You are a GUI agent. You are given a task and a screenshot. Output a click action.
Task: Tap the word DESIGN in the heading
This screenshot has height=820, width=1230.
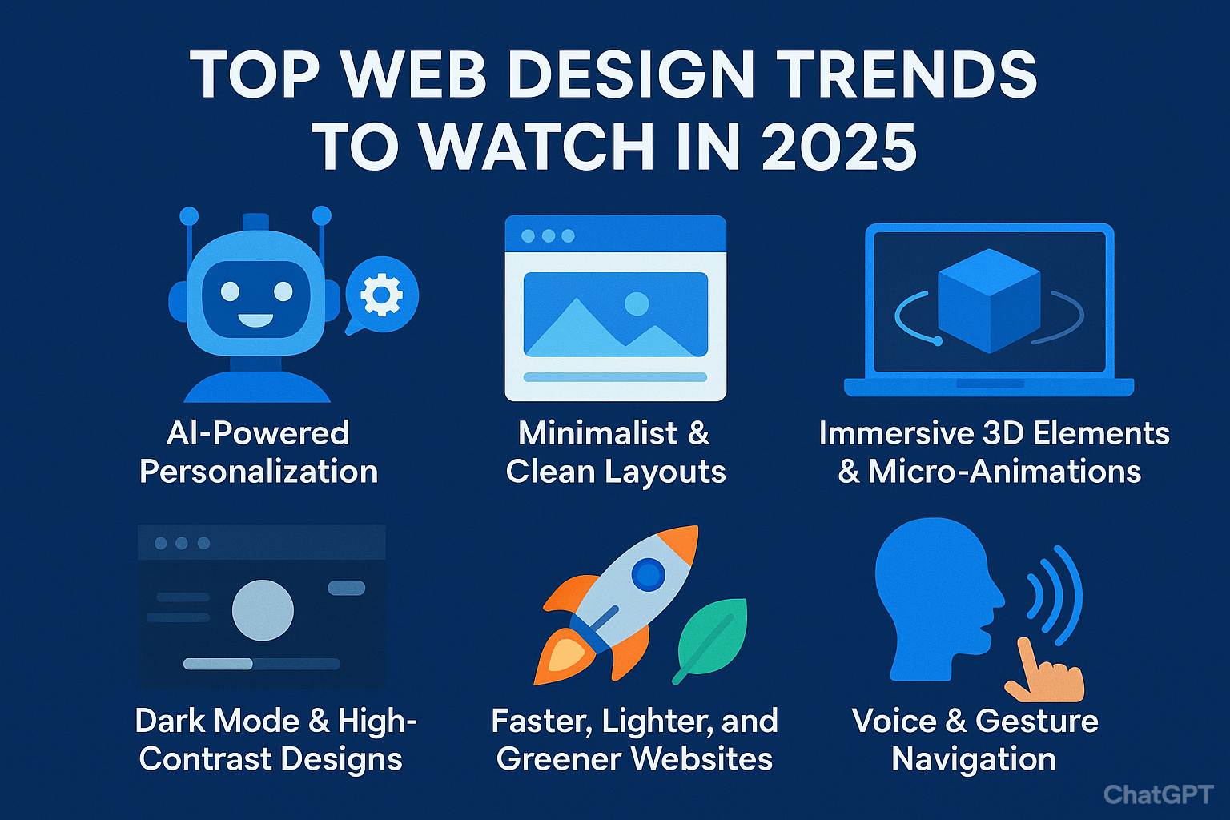631,74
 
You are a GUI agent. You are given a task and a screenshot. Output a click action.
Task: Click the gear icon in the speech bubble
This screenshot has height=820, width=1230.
382,295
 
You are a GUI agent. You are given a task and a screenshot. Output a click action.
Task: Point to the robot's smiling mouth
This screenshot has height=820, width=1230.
255,320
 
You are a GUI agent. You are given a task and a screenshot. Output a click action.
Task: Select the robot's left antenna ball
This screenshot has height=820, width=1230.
189,216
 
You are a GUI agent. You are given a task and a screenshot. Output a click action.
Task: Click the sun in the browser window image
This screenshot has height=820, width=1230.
637,303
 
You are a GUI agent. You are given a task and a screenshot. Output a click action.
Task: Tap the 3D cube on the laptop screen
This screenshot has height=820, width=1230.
989,300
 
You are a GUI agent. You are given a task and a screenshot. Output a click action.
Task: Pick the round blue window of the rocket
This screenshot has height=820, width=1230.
648,574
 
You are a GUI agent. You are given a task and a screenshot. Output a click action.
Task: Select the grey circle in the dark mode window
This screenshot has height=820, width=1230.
263,610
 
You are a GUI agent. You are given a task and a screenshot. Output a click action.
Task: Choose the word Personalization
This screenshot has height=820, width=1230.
259,472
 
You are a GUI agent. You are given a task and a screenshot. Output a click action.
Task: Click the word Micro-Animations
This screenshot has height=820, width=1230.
1005,472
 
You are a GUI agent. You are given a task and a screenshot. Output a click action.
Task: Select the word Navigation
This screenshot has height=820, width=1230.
974,759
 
